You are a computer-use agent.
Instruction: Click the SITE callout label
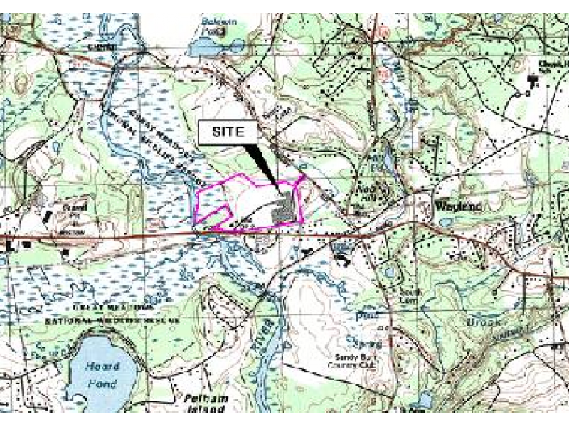[x=226, y=132]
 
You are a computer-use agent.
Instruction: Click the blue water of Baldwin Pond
[x=206, y=48]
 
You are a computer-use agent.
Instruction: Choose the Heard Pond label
[x=103, y=371]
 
